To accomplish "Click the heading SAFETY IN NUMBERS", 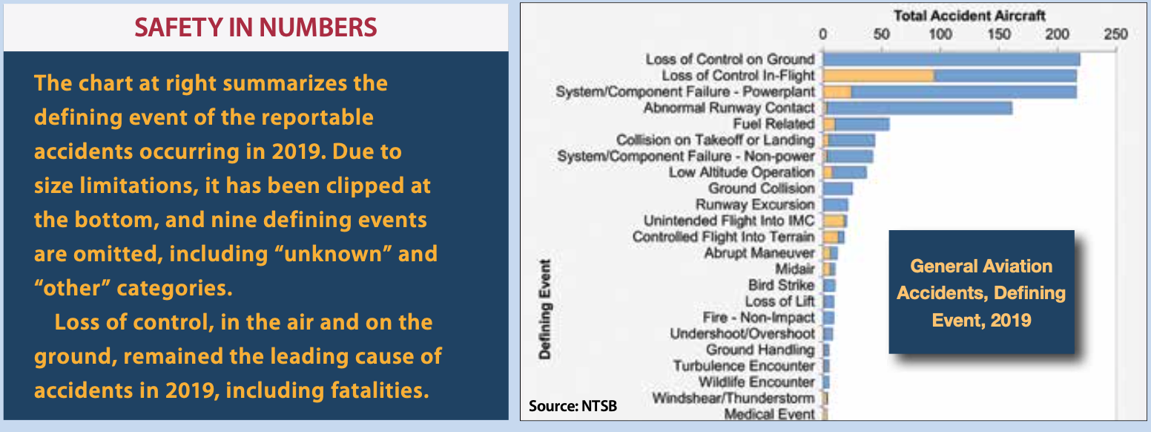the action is (x=256, y=27).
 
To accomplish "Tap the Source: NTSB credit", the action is (x=573, y=406).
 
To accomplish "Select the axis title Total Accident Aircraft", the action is (x=969, y=16).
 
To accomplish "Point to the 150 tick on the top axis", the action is (x=998, y=34).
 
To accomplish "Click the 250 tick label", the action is (x=1115, y=34).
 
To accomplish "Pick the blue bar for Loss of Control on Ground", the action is (x=951, y=59).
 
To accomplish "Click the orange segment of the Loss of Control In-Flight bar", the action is (x=878, y=76).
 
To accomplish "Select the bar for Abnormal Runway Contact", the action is (x=917, y=108).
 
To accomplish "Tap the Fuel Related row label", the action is (x=774, y=124).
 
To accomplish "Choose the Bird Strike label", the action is (x=782, y=285).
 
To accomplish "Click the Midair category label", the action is (x=795, y=269).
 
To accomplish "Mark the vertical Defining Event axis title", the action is (x=544, y=309).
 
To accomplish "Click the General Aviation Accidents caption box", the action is (x=981, y=292).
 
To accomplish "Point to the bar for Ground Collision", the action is (x=837, y=189).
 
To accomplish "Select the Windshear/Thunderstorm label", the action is (x=733, y=398).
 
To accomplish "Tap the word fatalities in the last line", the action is (x=380, y=390).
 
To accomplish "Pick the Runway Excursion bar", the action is (x=836, y=205).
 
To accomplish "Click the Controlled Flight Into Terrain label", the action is (x=724, y=237).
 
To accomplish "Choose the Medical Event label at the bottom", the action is (x=769, y=414).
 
